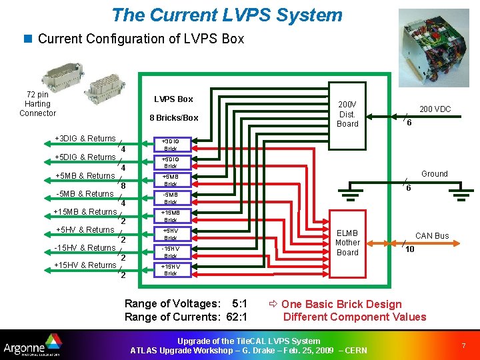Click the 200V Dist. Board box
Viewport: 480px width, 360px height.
(x=347, y=114)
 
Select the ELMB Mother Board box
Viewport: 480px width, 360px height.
(x=347, y=243)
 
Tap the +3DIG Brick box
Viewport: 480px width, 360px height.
(x=171, y=145)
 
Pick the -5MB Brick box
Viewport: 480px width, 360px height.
(x=171, y=198)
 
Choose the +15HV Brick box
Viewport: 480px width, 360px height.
(x=171, y=269)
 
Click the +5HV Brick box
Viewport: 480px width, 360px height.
(x=171, y=234)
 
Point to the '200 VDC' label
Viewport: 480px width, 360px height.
(x=434, y=109)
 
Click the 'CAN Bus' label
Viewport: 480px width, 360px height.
(x=432, y=235)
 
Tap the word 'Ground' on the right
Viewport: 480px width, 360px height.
(x=434, y=173)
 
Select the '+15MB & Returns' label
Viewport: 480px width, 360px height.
(x=85, y=212)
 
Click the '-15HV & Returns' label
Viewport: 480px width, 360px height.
(x=85, y=247)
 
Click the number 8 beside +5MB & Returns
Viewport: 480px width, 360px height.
(x=123, y=185)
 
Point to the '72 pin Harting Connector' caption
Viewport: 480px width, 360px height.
(x=37, y=104)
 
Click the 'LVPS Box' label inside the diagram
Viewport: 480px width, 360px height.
(x=173, y=99)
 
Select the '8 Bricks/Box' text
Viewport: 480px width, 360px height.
(x=173, y=118)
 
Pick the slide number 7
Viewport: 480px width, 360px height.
(x=463, y=345)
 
